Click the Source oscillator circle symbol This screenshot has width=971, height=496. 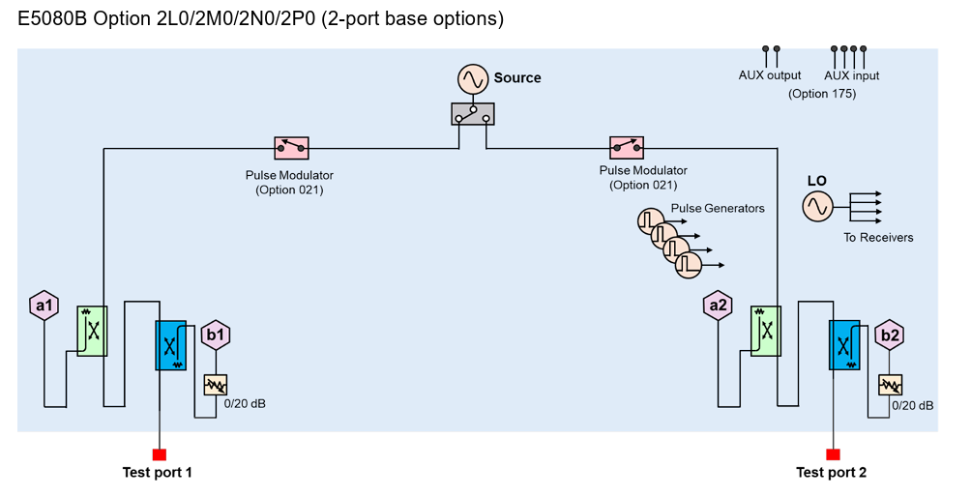coord(473,79)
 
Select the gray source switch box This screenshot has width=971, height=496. coord(472,114)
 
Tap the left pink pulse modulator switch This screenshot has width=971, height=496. coord(291,148)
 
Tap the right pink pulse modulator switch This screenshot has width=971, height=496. coord(626,148)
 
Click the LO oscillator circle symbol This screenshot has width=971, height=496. coord(817,206)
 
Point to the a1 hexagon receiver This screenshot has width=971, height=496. coord(44,306)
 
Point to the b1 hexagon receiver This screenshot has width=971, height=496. coord(215,335)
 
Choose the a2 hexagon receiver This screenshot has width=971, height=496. coord(717,306)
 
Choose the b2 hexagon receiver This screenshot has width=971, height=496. coord(889,336)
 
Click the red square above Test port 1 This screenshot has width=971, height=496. coord(160,454)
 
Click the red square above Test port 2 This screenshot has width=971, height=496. coord(833,454)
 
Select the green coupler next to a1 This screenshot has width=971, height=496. coord(93,330)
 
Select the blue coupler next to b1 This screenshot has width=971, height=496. coord(171,345)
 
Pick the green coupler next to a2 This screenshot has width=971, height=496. coord(766,330)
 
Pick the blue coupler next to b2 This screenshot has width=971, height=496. coord(844,345)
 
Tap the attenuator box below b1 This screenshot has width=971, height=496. coord(215,385)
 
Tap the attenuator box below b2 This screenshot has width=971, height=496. coord(889,385)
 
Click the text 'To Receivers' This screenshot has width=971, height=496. coord(877,238)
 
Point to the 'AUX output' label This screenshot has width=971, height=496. coord(770,75)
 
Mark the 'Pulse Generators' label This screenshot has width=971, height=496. coord(718,209)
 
